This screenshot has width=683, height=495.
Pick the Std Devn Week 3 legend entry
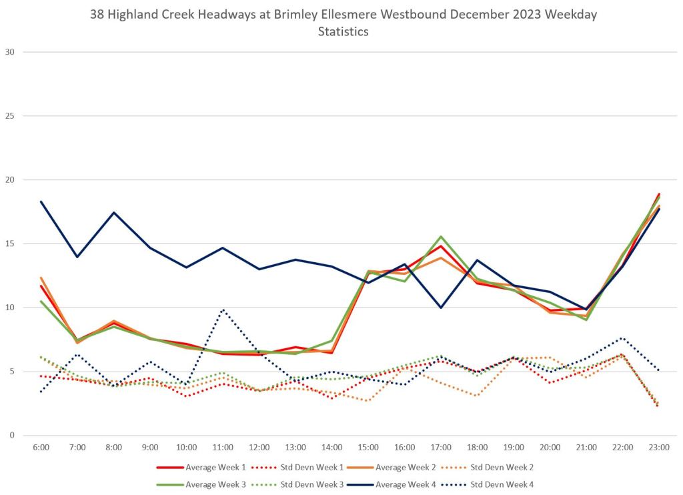pyautogui.click(x=308, y=484)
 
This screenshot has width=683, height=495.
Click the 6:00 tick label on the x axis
pyautogui.click(x=41, y=447)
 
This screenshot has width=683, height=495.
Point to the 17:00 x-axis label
pyautogui.click(x=441, y=447)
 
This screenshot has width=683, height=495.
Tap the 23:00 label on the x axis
pyautogui.click(x=659, y=447)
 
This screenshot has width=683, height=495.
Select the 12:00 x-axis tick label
pyautogui.click(x=259, y=447)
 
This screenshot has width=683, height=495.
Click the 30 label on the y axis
pyautogui.click(x=9, y=52)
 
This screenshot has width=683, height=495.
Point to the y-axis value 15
pyautogui.click(x=9, y=244)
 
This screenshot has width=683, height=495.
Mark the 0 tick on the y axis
pyautogui.click(x=12, y=436)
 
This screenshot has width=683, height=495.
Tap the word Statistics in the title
pyautogui.click(x=343, y=31)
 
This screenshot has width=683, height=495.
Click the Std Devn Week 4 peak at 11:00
pyautogui.click(x=223, y=310)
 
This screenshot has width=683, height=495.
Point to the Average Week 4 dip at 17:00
pyautogui.click(x=441, y=308)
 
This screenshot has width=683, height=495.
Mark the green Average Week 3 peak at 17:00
pyautogui.click(x=441, y=237)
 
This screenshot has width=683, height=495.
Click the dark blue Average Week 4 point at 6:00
pyautogui.click(x=41, y=201)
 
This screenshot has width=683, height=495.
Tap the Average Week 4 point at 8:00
pyautogui.click(x=114, y=213)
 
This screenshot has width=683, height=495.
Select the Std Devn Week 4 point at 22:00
pyautogui.click(x=622, y=338)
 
